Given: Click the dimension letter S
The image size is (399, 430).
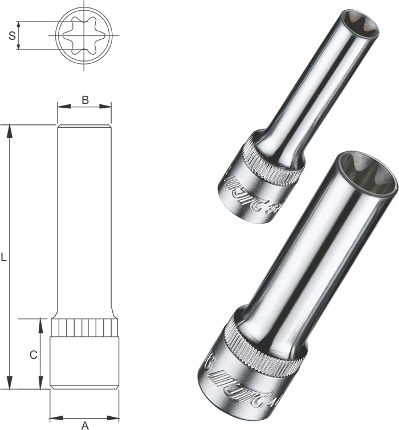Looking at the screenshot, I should point(12,36).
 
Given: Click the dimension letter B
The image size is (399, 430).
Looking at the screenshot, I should point(84,100).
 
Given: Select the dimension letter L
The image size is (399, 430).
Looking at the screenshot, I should point(4,257).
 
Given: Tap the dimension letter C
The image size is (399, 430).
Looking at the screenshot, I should point(33,354).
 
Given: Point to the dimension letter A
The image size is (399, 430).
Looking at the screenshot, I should point(85,424).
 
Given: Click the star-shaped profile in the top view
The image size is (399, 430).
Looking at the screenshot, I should point(84,35).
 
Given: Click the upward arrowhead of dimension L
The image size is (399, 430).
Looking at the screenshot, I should point(9,131).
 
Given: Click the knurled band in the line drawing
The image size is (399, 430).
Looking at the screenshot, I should point(84,328).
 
